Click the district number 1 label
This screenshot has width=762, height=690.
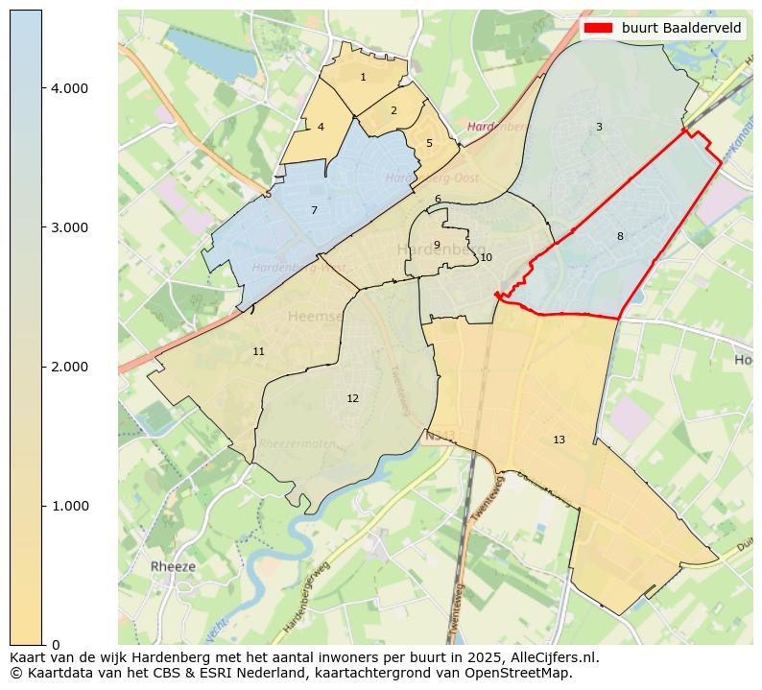(363, 78)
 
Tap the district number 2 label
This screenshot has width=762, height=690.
(393, 110)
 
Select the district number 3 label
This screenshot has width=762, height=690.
(599, 127)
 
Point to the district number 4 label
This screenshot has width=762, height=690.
(321, 127)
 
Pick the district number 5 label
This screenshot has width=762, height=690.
(429, 144)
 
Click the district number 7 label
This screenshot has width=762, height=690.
(314, 210)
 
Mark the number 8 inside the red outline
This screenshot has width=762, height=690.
(620, 236)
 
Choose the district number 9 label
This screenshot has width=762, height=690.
(437, 245)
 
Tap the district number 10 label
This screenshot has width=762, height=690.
(486, 257)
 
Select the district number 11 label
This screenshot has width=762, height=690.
(258, 352)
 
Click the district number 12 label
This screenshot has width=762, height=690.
(352, 398)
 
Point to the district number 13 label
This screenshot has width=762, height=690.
(559, 440)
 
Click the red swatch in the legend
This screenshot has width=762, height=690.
(597, 28)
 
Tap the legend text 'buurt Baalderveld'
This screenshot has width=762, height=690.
(681, 28)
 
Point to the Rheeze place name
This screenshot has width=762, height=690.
(173, 566)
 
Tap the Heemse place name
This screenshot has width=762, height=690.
(315, 317)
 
